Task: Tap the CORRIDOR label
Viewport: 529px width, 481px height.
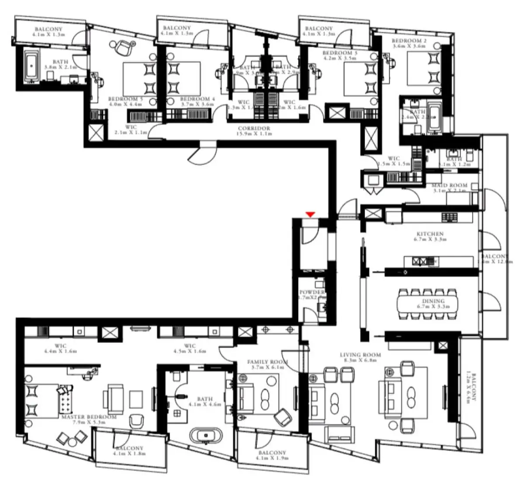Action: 254,129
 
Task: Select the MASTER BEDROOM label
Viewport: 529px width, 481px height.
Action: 89,417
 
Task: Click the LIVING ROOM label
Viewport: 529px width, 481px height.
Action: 360,355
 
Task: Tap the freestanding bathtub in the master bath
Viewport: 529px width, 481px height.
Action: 206,436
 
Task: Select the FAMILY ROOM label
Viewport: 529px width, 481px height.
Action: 268,362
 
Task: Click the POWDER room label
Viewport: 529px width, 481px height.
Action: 312,292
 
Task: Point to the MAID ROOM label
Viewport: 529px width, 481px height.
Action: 449,185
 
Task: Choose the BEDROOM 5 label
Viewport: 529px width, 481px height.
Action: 125,99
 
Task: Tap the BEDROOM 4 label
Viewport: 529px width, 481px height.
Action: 197,99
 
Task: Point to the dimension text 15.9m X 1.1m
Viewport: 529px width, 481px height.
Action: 254,134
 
